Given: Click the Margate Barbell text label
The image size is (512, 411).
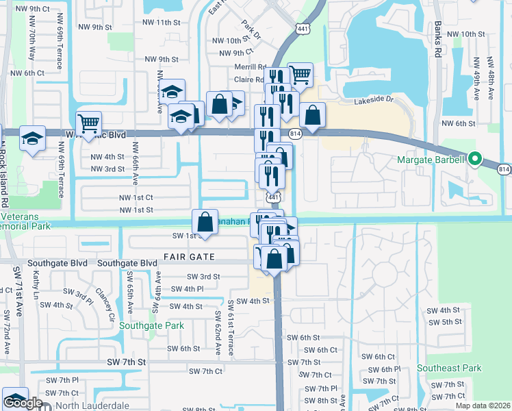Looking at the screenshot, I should tap(431, 161).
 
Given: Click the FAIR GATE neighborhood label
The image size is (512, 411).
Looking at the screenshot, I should tap(189, 257).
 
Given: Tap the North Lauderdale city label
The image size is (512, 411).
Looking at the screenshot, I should tap(94, 406).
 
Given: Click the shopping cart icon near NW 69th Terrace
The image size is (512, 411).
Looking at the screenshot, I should tap(88, 123).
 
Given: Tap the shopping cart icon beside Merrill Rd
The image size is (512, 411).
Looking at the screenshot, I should tap(300, 75).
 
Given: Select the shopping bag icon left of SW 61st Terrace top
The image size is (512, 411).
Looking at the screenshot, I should tap(205, 221).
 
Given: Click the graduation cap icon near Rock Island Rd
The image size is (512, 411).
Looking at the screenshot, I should tap(32, 138).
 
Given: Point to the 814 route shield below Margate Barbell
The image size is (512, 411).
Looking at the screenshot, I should tap(504, 169).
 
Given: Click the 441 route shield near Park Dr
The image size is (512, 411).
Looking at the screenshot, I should tap(302, 29).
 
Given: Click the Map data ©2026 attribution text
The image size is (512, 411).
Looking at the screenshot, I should tap(483, 406).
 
